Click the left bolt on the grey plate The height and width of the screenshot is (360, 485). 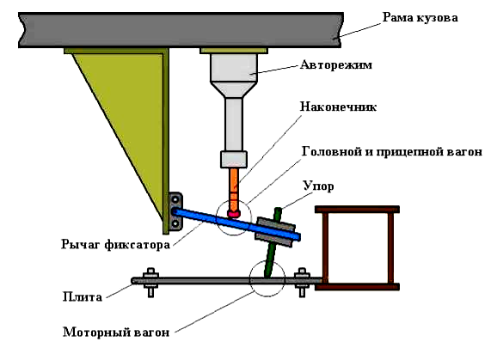tap(151, 281)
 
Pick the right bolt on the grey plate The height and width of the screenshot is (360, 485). tap(301, 281)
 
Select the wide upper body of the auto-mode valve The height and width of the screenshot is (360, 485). tap(233, 69)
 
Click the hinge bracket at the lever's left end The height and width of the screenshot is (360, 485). tap(175, 211)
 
